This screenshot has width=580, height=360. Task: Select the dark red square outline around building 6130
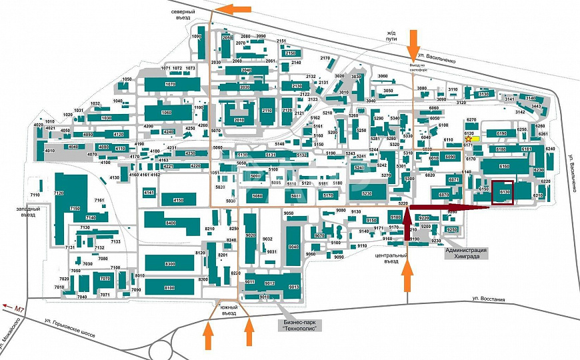point(503,193)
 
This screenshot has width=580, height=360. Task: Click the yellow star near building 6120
point(468,139)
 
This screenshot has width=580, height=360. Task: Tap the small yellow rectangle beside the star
point(477,139)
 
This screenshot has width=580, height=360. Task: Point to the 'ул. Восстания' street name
point(489,298)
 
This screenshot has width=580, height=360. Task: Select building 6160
point(503,165)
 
